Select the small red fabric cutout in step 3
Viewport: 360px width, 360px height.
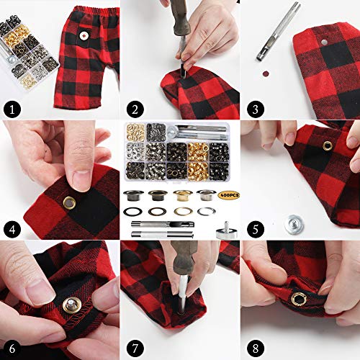(268, 72)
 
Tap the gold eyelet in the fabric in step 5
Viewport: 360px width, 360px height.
(328, 146)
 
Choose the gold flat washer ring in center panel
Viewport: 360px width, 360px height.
(183, 210)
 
